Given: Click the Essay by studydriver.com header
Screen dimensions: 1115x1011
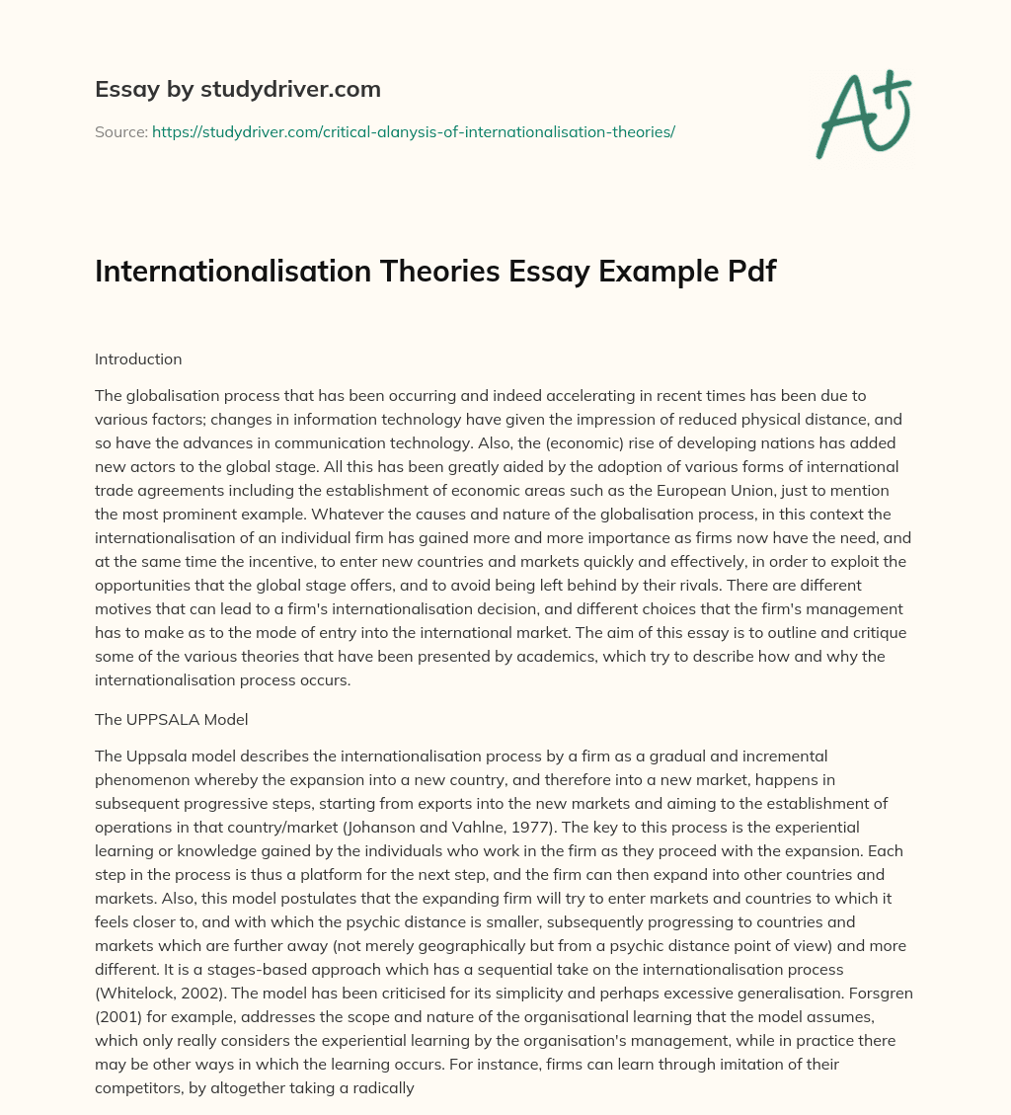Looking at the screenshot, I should click(x=237, y=90).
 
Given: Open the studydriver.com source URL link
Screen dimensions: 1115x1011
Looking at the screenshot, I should click(x=413, y=131).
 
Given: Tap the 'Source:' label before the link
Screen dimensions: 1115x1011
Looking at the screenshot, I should click(x=120, y=131).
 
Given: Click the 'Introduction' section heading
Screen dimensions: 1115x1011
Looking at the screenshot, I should click(x=138, y=359).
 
